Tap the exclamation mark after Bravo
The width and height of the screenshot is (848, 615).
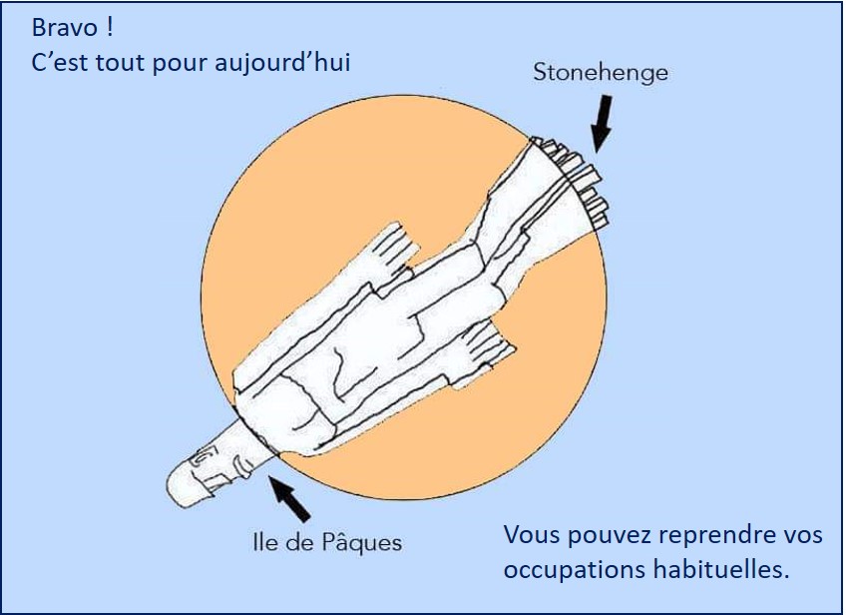point(108,27)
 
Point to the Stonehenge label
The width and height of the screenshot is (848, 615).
point(601,73)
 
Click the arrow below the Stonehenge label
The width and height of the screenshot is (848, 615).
point(603,124)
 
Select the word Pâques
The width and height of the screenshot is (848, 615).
point(365,543)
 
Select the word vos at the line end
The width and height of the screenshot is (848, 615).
point(803,536)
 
